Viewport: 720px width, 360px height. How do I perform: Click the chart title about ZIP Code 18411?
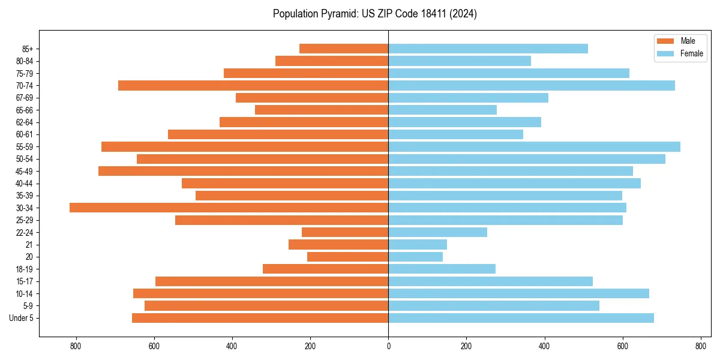click(374, 14)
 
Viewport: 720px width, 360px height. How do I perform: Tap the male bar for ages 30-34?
click(229, 208)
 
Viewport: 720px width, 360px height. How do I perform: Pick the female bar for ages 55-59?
click(534, 146)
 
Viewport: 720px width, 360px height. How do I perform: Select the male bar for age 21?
click(338, 245)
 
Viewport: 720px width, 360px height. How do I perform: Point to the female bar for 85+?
click(488, 49)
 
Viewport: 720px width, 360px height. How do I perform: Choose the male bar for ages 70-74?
click(253, 85)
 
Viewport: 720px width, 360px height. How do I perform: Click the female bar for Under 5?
click(521, 318)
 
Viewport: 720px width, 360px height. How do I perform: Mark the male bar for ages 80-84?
click(332, 61)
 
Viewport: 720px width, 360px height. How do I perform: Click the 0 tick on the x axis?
click(388, 346)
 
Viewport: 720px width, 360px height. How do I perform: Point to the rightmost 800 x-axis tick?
click(700, 346)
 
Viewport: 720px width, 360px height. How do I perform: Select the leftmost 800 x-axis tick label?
click(76, 346)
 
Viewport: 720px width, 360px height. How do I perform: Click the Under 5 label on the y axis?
click(21, 318)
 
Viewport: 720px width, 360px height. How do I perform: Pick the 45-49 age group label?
click(25, 171)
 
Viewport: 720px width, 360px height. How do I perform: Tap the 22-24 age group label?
click(25, 232)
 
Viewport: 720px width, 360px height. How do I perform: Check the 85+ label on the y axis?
click(27, 49)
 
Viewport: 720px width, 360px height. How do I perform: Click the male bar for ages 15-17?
click(272, 281)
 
